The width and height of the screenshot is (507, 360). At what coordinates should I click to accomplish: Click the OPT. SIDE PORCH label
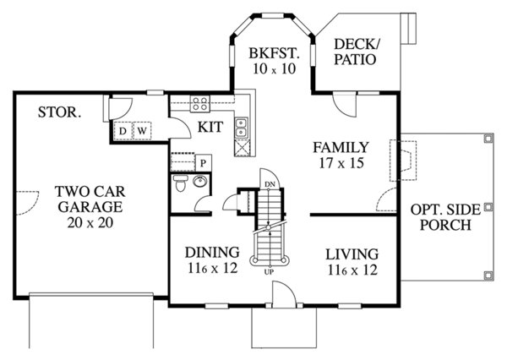[x=441, y=218]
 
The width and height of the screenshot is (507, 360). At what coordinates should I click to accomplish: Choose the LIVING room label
[x=351, y=254]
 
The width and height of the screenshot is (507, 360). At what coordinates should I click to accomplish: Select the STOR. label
[x=59, y=112]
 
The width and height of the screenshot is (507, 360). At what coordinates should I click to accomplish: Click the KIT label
[x=210, y=127]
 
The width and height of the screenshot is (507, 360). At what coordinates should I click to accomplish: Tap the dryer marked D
[x=123, y=131]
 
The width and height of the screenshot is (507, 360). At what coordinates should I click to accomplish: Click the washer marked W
[x=142, y=131]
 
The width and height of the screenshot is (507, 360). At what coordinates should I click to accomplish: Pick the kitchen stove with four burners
[x=200, y=105]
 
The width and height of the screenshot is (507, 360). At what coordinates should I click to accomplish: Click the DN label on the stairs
[x=268, y=183]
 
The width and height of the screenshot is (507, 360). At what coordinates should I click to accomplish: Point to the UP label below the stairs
[x=268, y=271]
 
